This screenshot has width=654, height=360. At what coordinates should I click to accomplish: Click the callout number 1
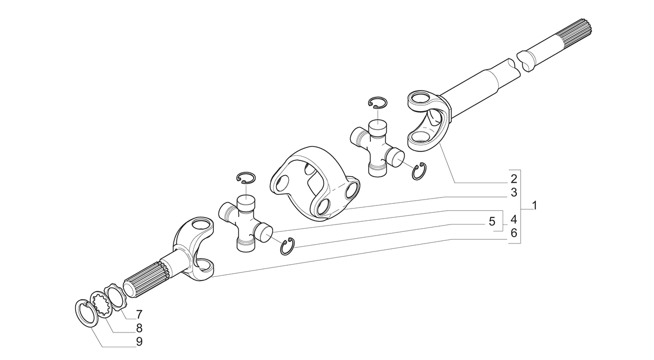pyautogui.click(x=534, y=205)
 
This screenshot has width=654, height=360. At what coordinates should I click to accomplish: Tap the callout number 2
pyautogui.click(x=514, y=179)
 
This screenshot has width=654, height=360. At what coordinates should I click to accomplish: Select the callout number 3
pyautogui.click(x=514, y=192)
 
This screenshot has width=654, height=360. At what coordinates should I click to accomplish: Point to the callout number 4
pyautogui.click(x=514, y=219)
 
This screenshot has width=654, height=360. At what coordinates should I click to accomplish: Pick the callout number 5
pyautogui.click(x=492, y=221)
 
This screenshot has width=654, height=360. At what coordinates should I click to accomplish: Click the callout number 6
pyautogui.click(x=514, y=233)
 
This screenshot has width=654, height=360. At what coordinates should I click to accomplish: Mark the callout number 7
pyautogui.click(x=139, y=314)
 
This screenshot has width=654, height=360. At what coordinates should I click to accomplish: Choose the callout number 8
pyautogui.click(x=139, y=328)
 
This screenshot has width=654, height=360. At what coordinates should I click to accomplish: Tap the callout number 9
pyautogui.click(x=139, y=341)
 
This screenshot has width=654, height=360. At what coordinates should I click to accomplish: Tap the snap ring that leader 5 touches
pyautogui.click(x=288, y=247)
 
